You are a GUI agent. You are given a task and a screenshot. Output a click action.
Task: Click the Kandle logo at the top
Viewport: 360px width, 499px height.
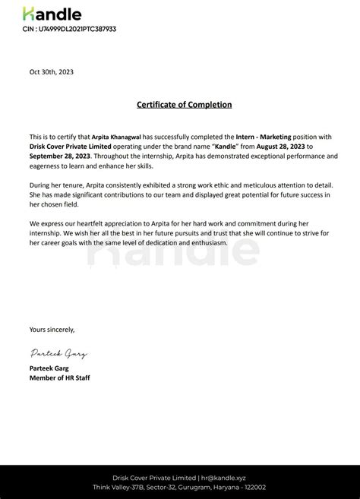coord(52,14)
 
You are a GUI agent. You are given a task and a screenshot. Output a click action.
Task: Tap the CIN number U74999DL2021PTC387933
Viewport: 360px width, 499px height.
coord(69,29)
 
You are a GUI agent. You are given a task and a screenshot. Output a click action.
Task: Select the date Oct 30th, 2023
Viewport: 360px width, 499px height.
coord(52,72)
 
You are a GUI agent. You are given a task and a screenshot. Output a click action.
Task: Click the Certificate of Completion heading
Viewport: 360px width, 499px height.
coord(184,105)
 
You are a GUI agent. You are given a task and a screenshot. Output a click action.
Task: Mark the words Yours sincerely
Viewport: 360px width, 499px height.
coord(52,329)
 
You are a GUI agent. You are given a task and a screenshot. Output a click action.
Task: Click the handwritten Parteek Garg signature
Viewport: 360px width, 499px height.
coord(59,353)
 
